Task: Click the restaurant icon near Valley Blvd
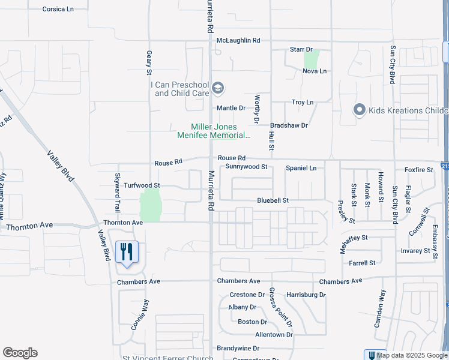(126, 251)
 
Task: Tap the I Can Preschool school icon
(217, 89)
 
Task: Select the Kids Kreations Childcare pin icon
(360, 110)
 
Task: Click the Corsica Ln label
(58, 10)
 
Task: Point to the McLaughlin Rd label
(238, 40)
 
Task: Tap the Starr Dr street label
(301, 49)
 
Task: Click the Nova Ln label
(314, 71)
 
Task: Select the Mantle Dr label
(231, 108)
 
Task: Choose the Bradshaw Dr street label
(289, 125)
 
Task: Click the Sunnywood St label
(243, 167)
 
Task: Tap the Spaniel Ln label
(301, 168)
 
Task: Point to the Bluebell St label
(273, 200)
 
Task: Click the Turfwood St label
(142, 186)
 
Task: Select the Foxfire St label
(418, 170)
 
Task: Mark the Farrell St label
(362, 263)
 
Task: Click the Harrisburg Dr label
(306, 295)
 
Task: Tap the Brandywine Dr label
(238, 348)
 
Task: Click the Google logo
(20, 353)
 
